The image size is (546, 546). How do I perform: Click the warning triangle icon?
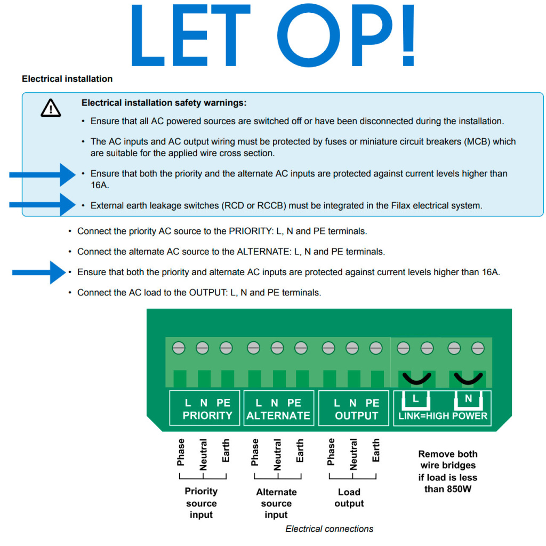tap(51, 108)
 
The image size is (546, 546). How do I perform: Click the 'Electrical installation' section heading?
tap(67, 79)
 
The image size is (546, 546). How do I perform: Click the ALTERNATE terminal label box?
tap(278, 409)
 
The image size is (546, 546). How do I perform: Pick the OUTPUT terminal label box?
tap(356, 409)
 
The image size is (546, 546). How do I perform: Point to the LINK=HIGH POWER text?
tap(443, 416)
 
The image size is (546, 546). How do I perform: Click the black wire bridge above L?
tap(416, 379)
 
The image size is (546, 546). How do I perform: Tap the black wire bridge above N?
tap(468, 379)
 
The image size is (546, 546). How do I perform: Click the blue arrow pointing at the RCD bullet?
tap(43, 204)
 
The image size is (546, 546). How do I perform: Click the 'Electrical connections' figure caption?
tap(329, 529)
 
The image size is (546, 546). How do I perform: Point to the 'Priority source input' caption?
tap(201, 503)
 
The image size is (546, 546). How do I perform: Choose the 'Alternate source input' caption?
tap(276, 503)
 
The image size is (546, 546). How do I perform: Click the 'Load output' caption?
tap(349, 497)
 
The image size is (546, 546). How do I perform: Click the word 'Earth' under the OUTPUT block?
tap(376, 451)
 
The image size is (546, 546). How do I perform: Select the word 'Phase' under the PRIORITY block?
tap(181, 452)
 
